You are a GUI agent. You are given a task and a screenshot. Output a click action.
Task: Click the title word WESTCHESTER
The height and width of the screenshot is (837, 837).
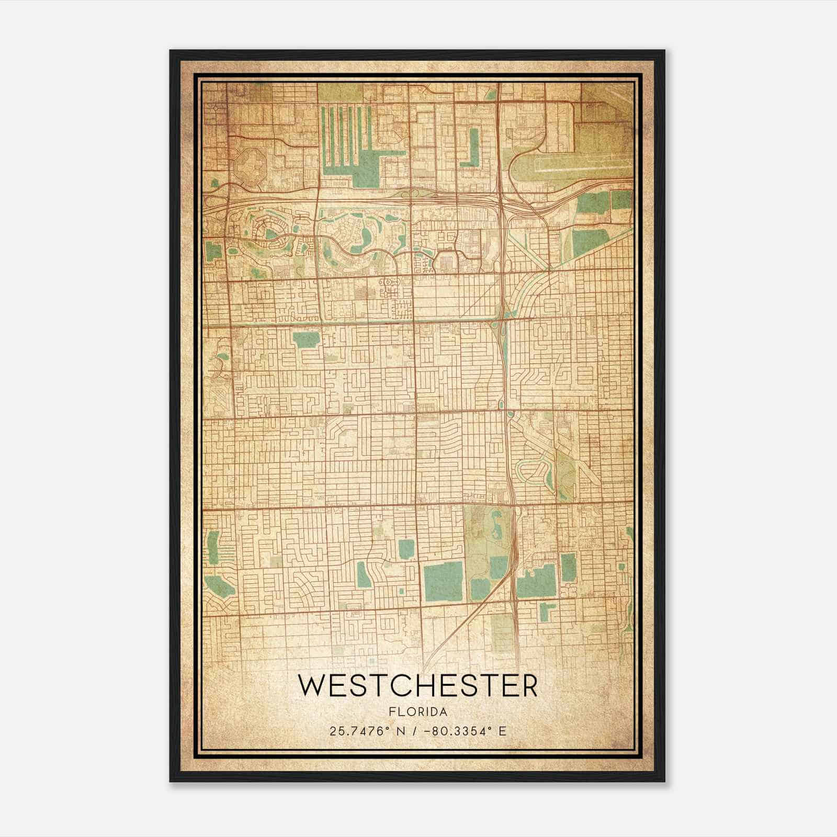[417, 686]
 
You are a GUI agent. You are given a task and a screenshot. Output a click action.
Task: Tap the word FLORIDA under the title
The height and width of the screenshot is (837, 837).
[417, 712]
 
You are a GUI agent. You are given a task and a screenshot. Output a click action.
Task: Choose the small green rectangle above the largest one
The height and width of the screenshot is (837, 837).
[406, 549]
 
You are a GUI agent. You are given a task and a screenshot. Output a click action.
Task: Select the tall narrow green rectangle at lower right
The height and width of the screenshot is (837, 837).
[568, 567]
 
